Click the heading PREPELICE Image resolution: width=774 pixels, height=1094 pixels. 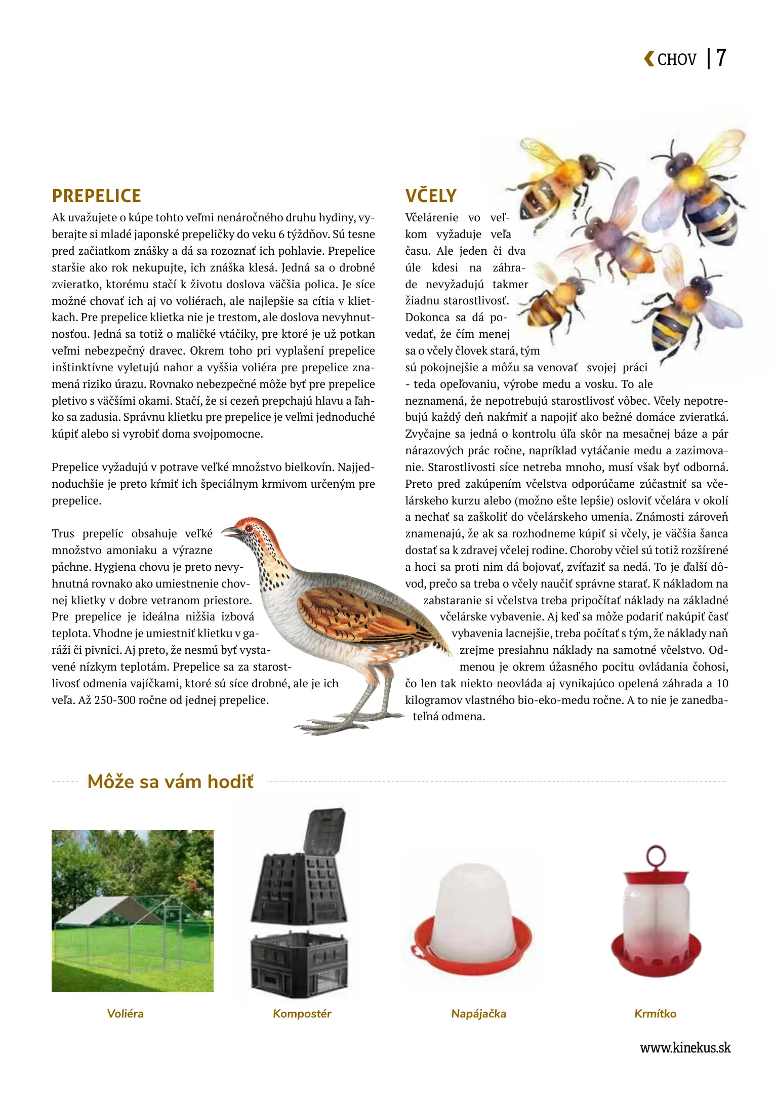coord(96,196)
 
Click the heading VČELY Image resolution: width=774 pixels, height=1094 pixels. coord(430,196)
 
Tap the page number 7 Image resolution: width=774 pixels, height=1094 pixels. coord(721,58)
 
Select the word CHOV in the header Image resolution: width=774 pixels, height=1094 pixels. coord(677,60)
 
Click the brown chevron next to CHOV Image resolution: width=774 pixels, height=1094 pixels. coord(648,59)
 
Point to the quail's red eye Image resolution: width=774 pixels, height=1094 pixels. coord(248,528)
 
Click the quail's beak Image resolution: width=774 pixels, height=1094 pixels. coord(230,532)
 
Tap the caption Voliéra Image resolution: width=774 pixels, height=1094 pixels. coord(125,1013)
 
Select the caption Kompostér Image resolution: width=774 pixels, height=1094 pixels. coord(302,1013)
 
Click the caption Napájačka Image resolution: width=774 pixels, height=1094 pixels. coord(478,1013)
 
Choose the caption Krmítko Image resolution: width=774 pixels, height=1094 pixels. coord(655,1013)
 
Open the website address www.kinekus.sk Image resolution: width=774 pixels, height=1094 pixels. coord(685,1047)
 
